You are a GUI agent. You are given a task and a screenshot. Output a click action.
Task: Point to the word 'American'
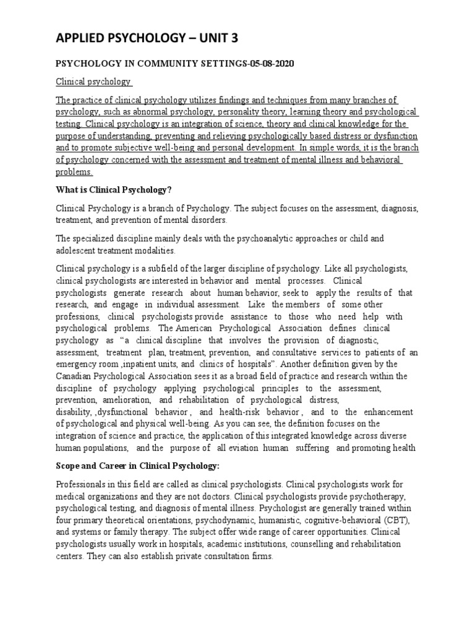[202, 328]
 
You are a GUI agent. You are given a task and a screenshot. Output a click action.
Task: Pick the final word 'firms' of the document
[261, 555]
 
